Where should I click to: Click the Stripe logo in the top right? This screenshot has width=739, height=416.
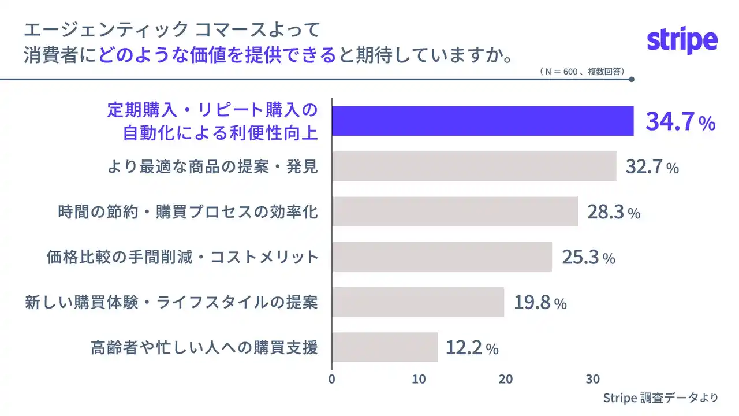[x=682, y=41]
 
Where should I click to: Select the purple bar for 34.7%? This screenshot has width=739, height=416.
[x=483, y=121]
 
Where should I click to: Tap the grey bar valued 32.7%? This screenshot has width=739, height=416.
[x=474, y=166]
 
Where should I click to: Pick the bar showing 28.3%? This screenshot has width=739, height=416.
[x=455, y=211]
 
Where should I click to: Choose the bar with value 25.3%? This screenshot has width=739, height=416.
[x=442, y=257]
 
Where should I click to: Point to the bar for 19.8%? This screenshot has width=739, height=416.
[x=418, y=302]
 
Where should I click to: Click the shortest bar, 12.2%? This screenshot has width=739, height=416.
[x=385, y=347]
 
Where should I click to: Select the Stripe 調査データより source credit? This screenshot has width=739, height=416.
[x=660, y=398]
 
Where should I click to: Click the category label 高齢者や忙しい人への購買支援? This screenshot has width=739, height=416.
[x=204, y=347]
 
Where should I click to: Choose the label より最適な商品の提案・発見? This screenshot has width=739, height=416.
[x=212, y=166]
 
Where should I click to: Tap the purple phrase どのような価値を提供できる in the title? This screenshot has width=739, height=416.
[x=217, y=55]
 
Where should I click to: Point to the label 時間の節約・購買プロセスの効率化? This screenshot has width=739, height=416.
[x=188, y=211]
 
